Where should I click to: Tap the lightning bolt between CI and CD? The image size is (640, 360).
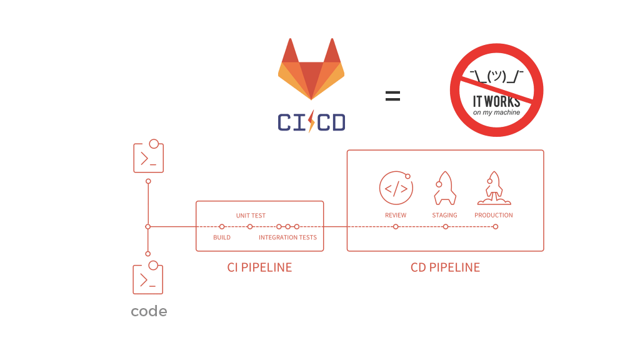pyautogui.click(x=311, y=121)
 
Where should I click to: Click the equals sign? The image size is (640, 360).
pyautogui.click(x=392, y=96)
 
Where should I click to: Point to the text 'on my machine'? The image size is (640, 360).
pyautogui.click(x=496, y=112)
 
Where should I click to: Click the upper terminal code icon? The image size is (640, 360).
pyautogui.click(x=149, y=157)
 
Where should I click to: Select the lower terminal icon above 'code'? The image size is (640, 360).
pyautogui.click(x=148, y=278)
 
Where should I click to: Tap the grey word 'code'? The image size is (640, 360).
pyautogui.click(x=149, y=311)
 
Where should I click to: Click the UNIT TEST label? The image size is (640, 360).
pyautogui.click(x=251, y=216)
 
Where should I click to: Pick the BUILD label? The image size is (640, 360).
pyautogui.click(x=222, y=237)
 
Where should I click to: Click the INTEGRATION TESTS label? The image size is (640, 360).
pyautogui.click(x=287, y=237)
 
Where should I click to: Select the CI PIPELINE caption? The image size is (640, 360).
pyautogui.click(x=259, y=267)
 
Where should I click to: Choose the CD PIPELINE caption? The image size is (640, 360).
pyautogui.click(x=445, y=267)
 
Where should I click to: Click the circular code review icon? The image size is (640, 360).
pyautogui.click(x=396, y=187)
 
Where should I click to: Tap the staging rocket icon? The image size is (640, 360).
pyautogui.click(x=444, y=188)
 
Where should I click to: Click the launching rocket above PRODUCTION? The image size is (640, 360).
pyautogui.click(x=494, y=188)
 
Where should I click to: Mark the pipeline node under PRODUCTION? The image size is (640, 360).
pyautogui.click(x=495, y=226)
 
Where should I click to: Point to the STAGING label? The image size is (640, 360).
pyautogui.click(x=444, y=215)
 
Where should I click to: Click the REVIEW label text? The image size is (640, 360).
pyautogui.click(x=396, y=215)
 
